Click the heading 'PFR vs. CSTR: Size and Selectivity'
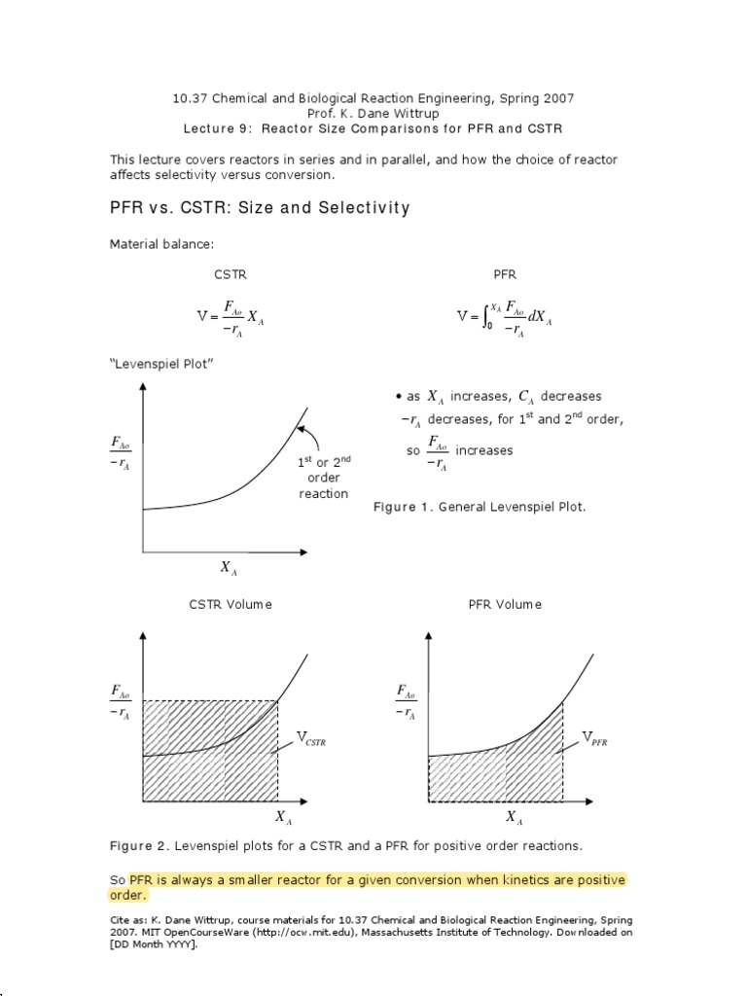(259, 208)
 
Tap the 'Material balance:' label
(158, 245)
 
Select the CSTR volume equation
(230, 317)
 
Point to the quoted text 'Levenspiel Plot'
(161, 364)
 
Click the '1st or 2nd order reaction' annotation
(323, 478)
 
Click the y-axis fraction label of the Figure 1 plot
(123, 451)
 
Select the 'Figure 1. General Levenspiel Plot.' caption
(480, 508)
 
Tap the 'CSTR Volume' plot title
(231, 604)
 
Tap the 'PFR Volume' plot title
(505, 604)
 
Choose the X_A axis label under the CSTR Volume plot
(282, 817)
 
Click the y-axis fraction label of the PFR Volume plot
(406, 701)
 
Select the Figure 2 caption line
(345, 846)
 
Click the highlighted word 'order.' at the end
(128, 895)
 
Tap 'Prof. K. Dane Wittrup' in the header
(373, 113)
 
